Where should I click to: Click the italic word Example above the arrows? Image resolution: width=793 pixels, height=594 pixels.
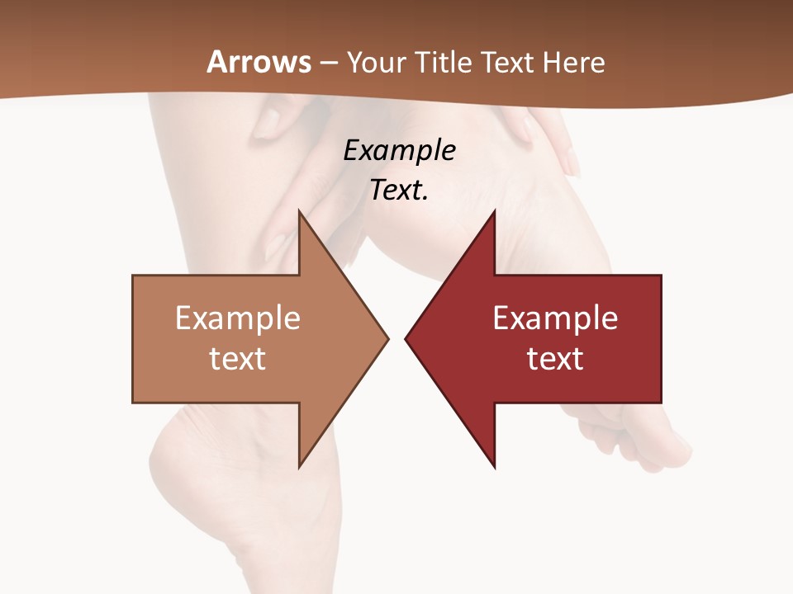tap(399, 150)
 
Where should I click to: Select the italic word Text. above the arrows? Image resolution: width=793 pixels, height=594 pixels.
tap(399, 191)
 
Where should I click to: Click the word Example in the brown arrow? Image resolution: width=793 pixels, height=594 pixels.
tap(238, 318)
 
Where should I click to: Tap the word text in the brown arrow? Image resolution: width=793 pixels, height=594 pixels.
tap(238, 359)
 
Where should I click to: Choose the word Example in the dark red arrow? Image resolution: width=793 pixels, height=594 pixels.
tap(555, 318)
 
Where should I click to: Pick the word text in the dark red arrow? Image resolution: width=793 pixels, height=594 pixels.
tap(555, 359)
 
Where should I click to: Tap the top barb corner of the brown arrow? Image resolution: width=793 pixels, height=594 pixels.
tap(299, 212)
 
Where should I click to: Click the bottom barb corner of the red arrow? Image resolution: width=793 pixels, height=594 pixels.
tap(494, 466)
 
